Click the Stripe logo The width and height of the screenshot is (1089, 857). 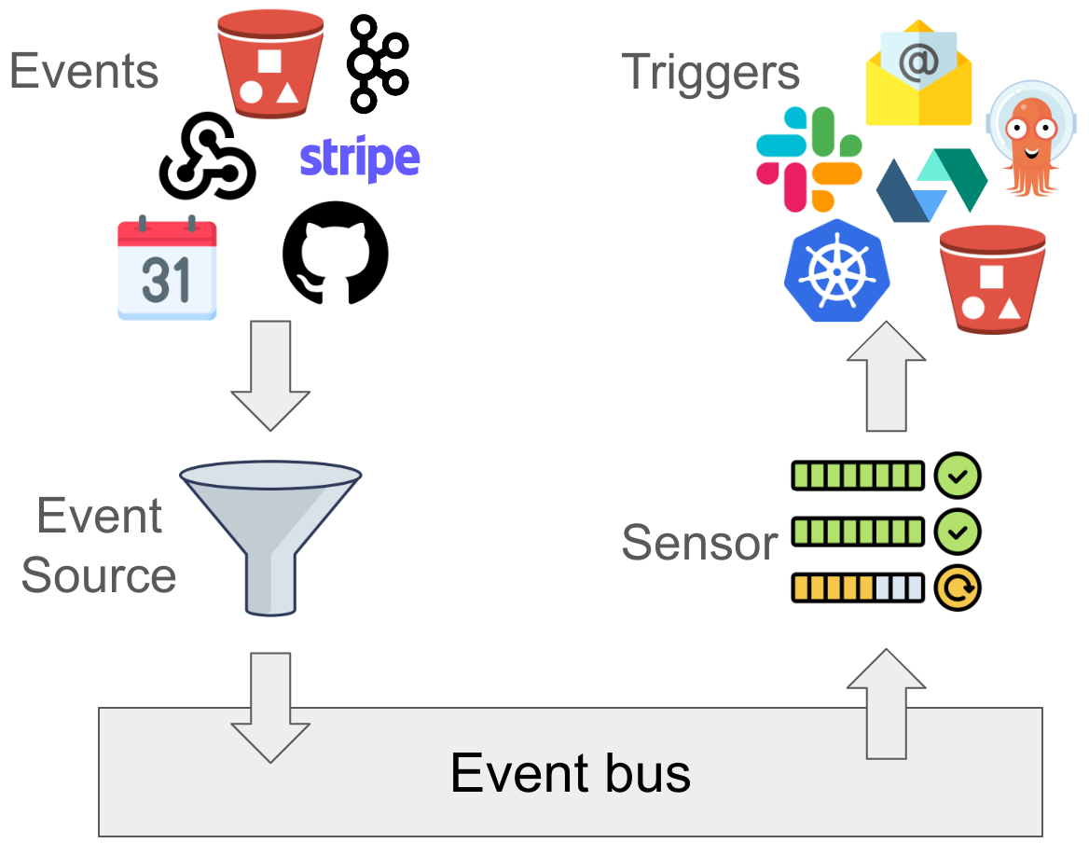point(359,159)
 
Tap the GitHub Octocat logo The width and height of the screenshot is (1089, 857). point(335,253)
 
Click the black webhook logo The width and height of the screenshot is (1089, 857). point(207,156)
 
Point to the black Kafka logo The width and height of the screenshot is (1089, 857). point(377,59)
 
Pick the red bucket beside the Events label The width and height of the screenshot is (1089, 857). point(269,63)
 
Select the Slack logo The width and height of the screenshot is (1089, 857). point(808,159)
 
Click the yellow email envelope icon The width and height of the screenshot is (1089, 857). point(918,74)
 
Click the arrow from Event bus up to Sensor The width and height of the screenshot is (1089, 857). point(886,703)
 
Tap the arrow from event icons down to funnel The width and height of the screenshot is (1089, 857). point(269,373)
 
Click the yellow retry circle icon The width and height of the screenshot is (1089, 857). point(957,587)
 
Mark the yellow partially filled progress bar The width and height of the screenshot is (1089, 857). point(857,587)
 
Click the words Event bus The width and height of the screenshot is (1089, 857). point(570,772)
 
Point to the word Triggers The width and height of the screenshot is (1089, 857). point(710,72)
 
